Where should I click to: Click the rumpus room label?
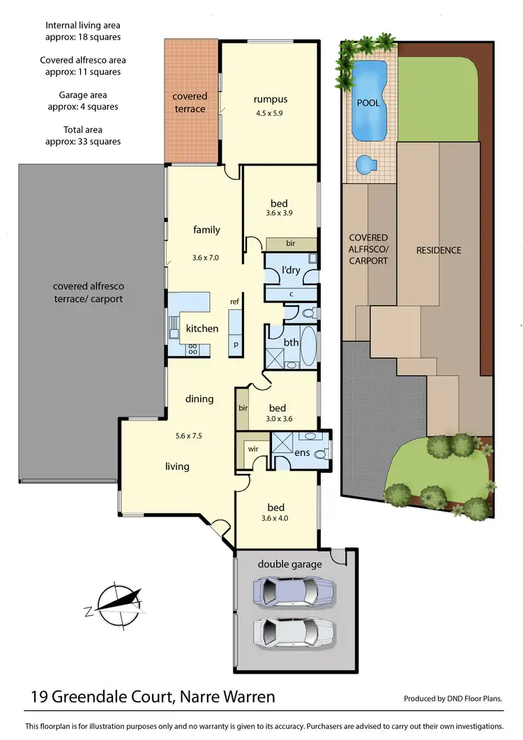click(271, 99)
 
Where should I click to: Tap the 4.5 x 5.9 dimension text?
click(271, 112)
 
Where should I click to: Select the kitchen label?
click(202, 328)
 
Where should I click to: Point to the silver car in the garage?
click(285, 633)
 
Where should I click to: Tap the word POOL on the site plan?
click(368, 103)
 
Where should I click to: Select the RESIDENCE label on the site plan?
click(439, 250)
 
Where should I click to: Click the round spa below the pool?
click(366, 165)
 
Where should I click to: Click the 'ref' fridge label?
click(234, 301)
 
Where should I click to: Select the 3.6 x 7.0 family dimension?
click(205, 257)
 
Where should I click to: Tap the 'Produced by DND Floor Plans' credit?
click(453, 698)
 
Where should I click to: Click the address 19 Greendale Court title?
click(153, 696)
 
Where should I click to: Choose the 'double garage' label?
click(289, 564)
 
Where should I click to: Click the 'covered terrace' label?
click(190, 103)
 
